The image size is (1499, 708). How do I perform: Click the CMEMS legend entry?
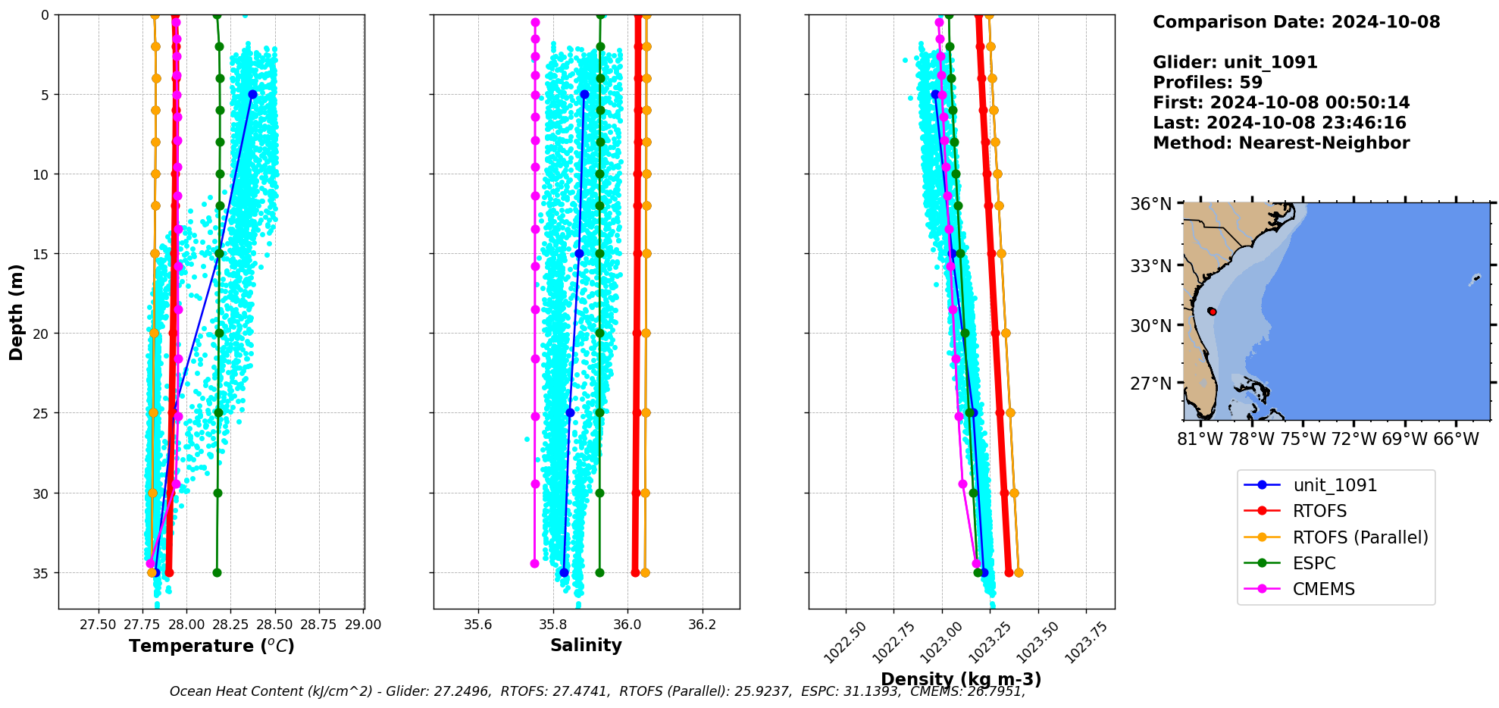pyautogui.click(x=1323, y=589)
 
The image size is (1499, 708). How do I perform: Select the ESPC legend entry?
pyautogui.click(x=1314, y=563)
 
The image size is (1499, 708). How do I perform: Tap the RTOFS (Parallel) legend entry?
pyautogui.click(x=1360, y=537)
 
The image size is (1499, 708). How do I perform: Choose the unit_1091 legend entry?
pyautogui.click(x=1335, y=485)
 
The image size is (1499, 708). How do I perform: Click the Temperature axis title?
pyautogui.click(x=211, y=646)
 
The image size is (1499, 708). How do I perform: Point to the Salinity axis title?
pyautogui.click(x=586, y=645)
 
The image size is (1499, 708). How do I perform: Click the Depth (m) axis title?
pyautogui.click(x=17, y=312)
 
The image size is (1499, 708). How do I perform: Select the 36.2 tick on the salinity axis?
pyautogui.click(x=702, y=625)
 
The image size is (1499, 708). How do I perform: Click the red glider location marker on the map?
pyautogui.click(x=1212, y=312)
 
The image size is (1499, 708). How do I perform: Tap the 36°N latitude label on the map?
pyautogui.click(x=1150, y=204)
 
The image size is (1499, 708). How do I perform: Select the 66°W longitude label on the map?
pyautogui.click(x=1456, y=439)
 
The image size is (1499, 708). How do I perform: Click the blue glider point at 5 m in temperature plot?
pyautogui.click(x=252, y=95)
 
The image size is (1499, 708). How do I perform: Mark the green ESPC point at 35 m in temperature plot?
pyautogui.click(x=217, y=572)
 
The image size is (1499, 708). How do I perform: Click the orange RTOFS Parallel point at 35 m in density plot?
pyautogui.click(x=1019, y=572)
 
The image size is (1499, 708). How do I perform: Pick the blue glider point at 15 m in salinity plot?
pyautogui.click(x=579, y=254)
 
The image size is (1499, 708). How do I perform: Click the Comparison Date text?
pyautogui.click(x=1296, y=22)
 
